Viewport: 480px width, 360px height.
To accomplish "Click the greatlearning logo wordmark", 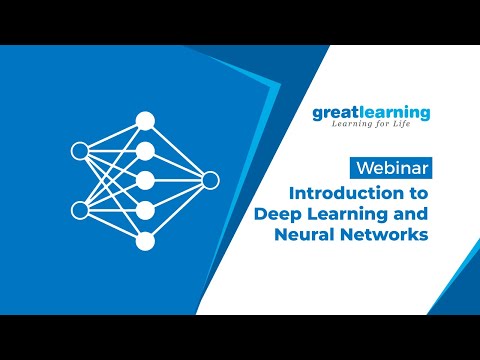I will tap(370, 113).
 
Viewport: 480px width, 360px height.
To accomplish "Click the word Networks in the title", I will tap(382, 234).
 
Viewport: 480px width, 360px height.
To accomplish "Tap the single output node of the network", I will tap(209, 180).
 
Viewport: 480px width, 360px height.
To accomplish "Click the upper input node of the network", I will tap(80, 151).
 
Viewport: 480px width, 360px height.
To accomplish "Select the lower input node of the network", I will tap(80, 210).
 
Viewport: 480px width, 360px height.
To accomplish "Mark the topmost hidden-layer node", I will tap(145, 121).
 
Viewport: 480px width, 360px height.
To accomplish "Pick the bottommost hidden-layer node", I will tap(145, 240).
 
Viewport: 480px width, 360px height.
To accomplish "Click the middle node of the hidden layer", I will tap(145, 180).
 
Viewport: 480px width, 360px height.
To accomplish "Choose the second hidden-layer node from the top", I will tap(145, 151).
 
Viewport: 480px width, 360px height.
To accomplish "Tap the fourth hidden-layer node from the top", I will tap(145, 210).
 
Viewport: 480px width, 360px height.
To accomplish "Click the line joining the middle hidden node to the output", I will tap(177, 180).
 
